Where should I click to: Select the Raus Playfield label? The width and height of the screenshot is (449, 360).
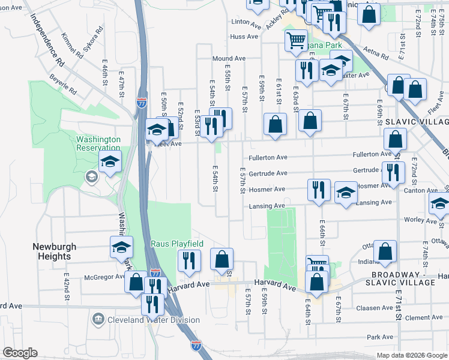tap(177, 244)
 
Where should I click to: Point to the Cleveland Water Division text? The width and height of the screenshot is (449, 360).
tap(153, 320)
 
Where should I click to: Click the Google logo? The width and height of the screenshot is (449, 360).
tap(20, 353)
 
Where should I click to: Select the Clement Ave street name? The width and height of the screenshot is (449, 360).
tap(424, 317)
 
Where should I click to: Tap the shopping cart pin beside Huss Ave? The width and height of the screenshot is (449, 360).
tap(296, 41)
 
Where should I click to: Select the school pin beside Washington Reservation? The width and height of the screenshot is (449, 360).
tap(110, 161)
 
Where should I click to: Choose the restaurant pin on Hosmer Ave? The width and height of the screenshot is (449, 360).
tap(319, 190)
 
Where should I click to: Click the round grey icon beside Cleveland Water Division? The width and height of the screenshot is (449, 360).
tap(98, 320)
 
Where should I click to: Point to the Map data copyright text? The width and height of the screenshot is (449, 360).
tap(411, 355)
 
